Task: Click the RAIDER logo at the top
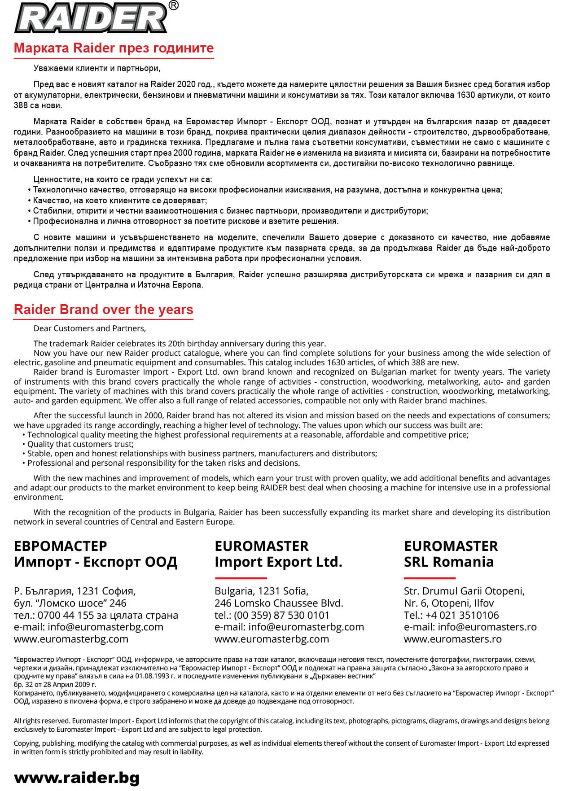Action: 91,18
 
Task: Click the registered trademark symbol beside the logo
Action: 173,5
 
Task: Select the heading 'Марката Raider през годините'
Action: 114,48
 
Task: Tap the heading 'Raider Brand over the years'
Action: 103,310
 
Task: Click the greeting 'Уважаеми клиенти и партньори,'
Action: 96,68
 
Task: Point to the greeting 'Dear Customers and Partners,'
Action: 90,328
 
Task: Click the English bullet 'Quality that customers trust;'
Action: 80,444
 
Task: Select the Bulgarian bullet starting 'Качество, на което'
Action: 119,201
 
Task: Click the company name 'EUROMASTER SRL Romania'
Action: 450,554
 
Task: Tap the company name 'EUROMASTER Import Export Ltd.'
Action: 278,554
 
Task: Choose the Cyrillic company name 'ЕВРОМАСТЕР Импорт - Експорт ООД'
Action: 96,554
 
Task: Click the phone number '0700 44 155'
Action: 66,615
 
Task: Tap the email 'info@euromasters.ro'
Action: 487,627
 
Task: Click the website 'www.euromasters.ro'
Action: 452,639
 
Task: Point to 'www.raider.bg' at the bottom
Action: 77,778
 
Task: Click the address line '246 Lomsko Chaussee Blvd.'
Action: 278,603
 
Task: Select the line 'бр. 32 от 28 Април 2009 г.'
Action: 55,685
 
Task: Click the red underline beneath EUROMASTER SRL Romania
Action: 430,578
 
